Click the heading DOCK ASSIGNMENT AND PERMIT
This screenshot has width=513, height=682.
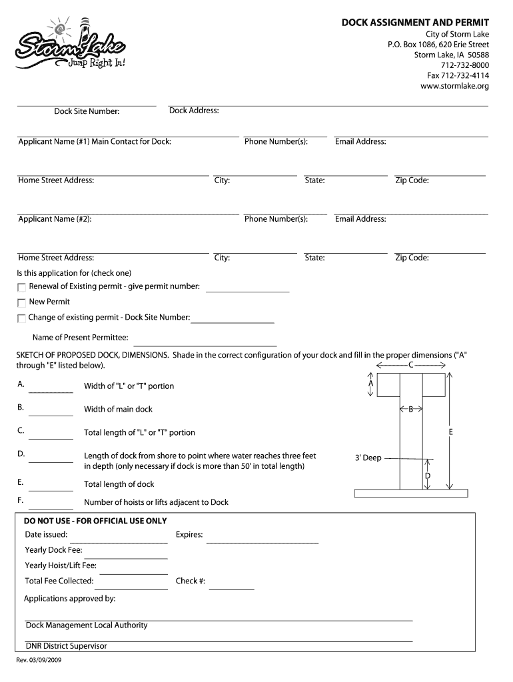click(415, 23)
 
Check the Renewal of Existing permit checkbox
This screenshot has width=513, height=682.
click(22, 287)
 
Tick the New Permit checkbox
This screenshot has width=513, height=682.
click(22, 302)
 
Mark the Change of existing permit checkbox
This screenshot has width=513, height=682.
click(22, 318)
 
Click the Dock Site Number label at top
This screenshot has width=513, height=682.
click(87, 111)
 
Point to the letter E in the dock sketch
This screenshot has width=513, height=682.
click(450, 432)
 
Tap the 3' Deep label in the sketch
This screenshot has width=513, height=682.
click(368, 458)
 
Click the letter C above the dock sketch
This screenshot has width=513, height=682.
click(410, 365)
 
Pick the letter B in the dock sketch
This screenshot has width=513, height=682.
click(411, 409)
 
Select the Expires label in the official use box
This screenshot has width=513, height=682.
click(189, 535)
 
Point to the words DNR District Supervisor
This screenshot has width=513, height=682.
click(66, 646)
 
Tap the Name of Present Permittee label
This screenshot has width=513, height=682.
click(80, 338)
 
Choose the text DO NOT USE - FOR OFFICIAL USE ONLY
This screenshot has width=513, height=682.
click(95, 521)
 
